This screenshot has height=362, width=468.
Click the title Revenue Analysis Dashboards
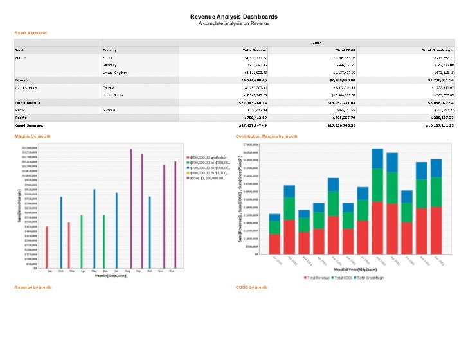(x=234, y=17)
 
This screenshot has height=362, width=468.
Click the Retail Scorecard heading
(x=32, y=32)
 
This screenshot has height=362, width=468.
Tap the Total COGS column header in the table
(x=347, y=50)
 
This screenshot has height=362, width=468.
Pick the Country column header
(x=110, y=50)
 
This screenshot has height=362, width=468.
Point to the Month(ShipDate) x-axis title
(x=111, y=276)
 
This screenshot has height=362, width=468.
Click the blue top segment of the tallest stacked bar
(x=377, y=158)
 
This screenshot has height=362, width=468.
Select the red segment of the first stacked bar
(x=274, y=243)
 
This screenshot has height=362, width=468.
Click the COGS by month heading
(x=252, y=287)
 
